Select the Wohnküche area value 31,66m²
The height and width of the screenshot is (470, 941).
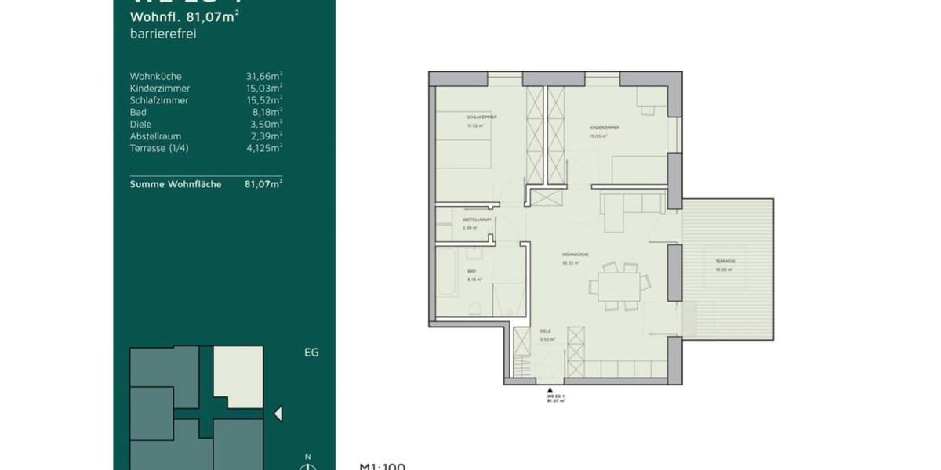coord(263,77)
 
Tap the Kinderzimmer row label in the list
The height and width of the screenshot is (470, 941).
coord(160,89)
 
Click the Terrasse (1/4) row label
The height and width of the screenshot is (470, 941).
coord(159,148)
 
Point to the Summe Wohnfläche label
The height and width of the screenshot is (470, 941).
coord(176,184)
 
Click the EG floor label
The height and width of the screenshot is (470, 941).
coord(311,352)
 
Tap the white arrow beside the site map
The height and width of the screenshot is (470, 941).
coord(277,414)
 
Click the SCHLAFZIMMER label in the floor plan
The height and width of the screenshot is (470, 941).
coord(481,117)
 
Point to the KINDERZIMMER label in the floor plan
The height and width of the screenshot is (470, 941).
coord(605,127)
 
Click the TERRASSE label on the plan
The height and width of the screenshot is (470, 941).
coord(725,262)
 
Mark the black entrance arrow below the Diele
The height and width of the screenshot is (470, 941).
coord(549,389)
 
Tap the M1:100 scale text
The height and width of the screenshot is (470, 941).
coord(383,466)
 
